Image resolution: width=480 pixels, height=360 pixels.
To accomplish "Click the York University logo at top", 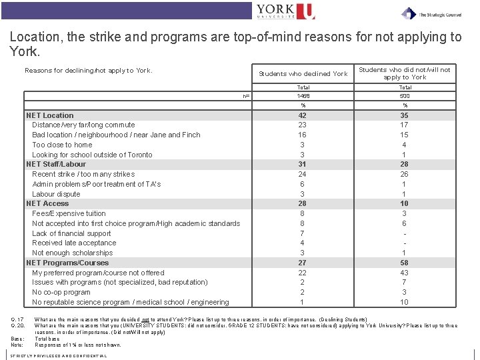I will tap(285, 11).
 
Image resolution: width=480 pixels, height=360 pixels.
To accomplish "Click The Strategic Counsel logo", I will tap(431, 13).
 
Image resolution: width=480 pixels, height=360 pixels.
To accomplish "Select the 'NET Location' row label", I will tap(50, 115).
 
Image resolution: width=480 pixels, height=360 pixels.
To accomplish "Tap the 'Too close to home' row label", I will tap(62, 145).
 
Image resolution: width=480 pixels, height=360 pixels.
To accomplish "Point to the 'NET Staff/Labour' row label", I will tap(56, 164).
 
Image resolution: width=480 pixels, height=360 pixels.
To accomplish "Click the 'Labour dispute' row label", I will tap(56, 194).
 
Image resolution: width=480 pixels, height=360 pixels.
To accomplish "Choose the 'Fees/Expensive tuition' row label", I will tap(69, 213).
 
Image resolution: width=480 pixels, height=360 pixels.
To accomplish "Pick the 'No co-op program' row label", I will tap(61, 292).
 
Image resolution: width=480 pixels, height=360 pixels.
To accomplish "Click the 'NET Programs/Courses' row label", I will tap(67, 263).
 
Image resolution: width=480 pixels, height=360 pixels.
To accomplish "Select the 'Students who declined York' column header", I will tap(303, 73).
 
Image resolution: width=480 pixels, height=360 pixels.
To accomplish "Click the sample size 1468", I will tap(303, 96).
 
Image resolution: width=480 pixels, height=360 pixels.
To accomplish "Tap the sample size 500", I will tap(405, 96).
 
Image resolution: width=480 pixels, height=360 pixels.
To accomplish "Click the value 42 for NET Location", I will tap(303, 115).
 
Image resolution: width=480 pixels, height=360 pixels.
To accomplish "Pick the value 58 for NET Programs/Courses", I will tap(405, 263).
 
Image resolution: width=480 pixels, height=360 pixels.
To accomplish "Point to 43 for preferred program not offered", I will tap(405, 273).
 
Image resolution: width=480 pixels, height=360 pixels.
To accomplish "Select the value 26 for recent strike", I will tap(405, 174).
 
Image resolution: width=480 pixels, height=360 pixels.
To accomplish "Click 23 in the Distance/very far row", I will tap(303, 125).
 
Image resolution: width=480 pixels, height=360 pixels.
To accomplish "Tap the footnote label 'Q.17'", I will tap(17, 319).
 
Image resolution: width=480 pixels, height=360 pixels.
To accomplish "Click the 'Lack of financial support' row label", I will tap(71, 233).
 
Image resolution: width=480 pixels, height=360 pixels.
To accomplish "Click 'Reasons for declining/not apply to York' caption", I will tap(89, 70).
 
